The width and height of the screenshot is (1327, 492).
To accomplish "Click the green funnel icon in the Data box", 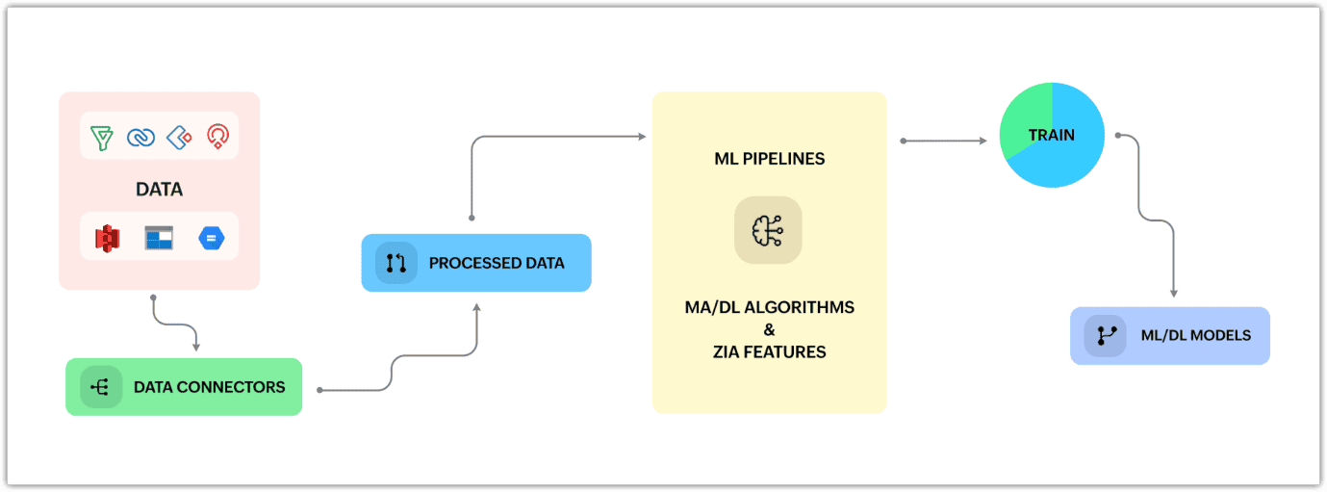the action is pos(102,138).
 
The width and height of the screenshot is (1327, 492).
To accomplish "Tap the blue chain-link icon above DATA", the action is pos(141,138).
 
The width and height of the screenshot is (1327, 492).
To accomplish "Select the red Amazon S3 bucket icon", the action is pos(107,238).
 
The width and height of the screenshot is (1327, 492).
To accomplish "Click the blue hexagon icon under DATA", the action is pos(212,238).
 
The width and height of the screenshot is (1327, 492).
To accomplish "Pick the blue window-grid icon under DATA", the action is pos(160,238).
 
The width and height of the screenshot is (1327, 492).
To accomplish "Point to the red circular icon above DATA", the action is pos(217,137).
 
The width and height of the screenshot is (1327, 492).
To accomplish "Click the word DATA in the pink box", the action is pos(160,189).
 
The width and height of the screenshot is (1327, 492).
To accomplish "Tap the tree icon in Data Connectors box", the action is pos(99,387).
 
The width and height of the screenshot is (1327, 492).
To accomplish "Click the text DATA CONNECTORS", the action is pos(209,387).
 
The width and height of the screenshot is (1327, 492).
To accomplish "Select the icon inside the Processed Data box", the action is pos(396,263).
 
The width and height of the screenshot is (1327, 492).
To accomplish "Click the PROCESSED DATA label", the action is pos(497,263).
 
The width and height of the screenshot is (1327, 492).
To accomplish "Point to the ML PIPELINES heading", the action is pos(770,159).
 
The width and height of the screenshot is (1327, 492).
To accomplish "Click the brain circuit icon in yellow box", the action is pos(768,230).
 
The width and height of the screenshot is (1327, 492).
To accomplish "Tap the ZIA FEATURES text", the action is pos(770,352).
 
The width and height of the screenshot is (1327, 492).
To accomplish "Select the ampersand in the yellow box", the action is pos(770,329).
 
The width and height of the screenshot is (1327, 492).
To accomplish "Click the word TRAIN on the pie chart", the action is pos(1052,135).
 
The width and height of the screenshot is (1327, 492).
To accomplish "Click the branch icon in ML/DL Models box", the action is pos(1106,335).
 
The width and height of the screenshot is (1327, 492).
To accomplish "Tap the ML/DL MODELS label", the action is pos(1196,335).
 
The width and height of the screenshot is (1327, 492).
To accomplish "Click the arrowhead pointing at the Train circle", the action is pos(983,142).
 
